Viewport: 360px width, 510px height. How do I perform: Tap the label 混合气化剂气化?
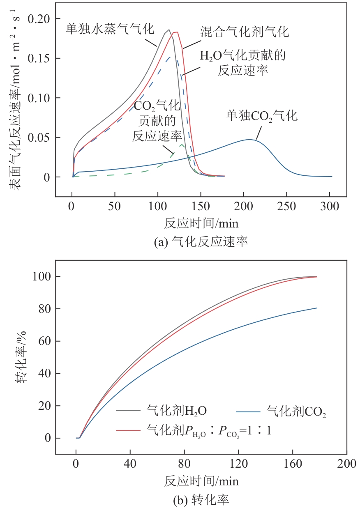(245, 32)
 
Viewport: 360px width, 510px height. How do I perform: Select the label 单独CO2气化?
(261, 115)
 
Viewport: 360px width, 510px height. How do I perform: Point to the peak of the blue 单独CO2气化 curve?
(249, 140)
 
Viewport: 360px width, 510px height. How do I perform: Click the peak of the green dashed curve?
(182, 145)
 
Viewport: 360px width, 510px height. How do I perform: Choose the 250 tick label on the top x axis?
(287, 207)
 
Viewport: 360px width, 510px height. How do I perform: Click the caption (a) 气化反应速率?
(201, 242)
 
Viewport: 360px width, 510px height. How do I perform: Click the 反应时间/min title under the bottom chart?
(201, 480)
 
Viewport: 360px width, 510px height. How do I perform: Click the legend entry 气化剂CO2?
(295, 410)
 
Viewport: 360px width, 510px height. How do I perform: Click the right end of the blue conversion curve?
(316, 308)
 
